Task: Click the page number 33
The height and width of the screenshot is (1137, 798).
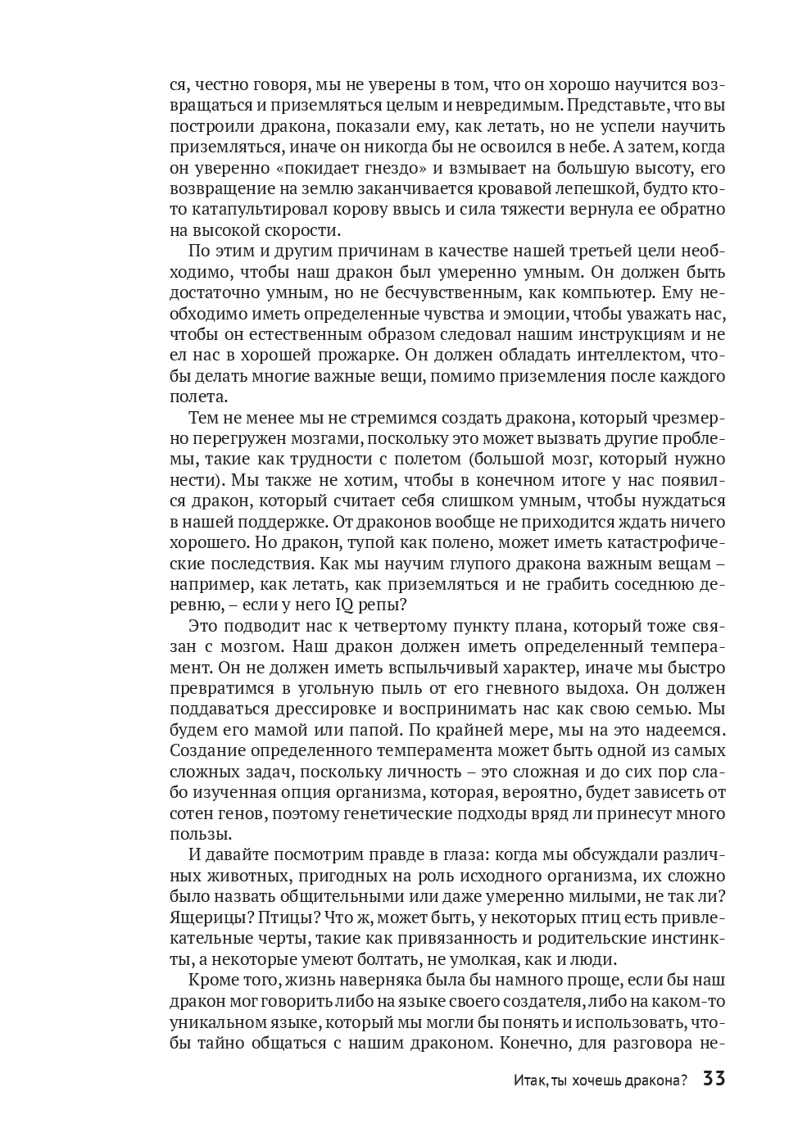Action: pyautogui.click(x=714, y=1079)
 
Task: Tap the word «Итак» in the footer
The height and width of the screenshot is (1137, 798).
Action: pyautogui.click(x=529, y=1080)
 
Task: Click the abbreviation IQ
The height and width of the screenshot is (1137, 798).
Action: pyautogui.click(x=345, y=605)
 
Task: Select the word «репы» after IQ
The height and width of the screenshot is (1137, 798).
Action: pyautogui.click(x=383, y=605)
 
